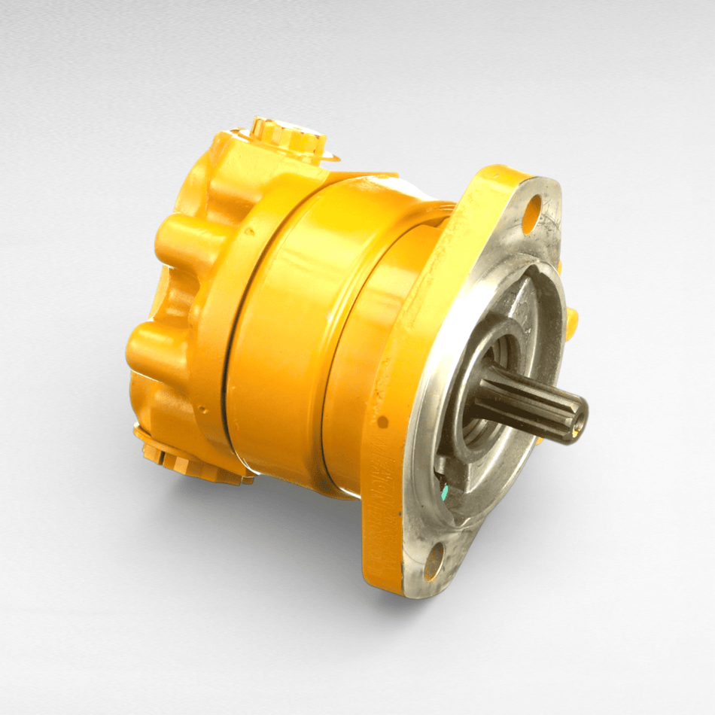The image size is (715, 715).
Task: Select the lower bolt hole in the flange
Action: point(434,561)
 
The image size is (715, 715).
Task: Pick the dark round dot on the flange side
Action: point(382,421)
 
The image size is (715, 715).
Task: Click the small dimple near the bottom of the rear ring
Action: point(202,411)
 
